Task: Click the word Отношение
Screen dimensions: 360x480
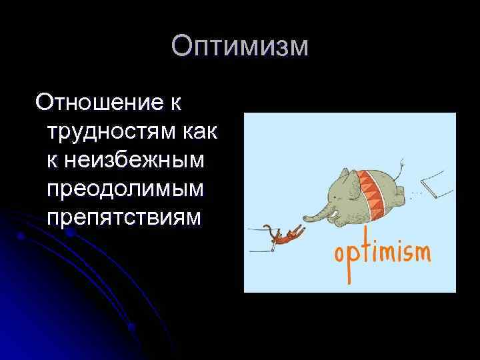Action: [100, 103]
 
